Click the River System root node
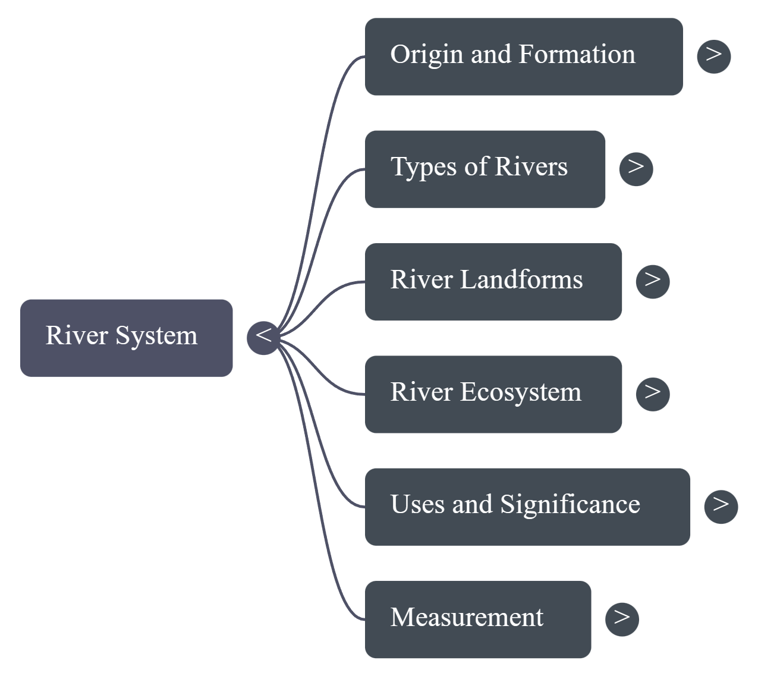click(x=126, y=338)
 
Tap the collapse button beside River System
click(x=263, y=337)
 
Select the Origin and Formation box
click(x=523, y=56)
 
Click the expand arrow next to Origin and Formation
click(x=713, y=56)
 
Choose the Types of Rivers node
click(x=485, y=169)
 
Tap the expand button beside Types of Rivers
click(x=636, y=169)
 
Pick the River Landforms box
click(x=493, y=281)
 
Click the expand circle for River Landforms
click(x=652, y=281)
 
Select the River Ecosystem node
click(x=493, y=394)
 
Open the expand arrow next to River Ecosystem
click(x=652, y=394)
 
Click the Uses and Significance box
click(x=527, y=507)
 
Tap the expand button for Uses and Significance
click(x=721, y=507)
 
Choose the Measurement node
click(x=477, y=620)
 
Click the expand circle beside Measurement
click(x=622, y=619)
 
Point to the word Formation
click(x=577, y=54)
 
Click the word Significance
click(x=570, y=505)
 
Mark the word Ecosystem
click(x=520, y=392)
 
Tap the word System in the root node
click(x=156, y=336)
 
